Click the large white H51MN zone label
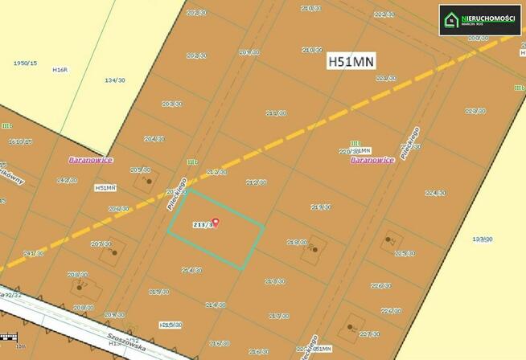(351, 62)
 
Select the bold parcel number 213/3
(203, 225)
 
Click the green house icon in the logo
(453, 19)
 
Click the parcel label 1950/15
(25, 63)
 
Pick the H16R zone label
(60, 70)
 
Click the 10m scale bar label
(21, 346)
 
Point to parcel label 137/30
(482, 239)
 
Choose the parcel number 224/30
(435, 193)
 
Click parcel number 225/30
(404, 253)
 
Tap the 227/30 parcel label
(368, 333)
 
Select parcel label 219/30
(320, 207)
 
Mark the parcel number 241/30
(34, 253)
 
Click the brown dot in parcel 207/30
(114, 252)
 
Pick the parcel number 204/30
(154, 138)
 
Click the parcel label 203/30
(171, 104)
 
